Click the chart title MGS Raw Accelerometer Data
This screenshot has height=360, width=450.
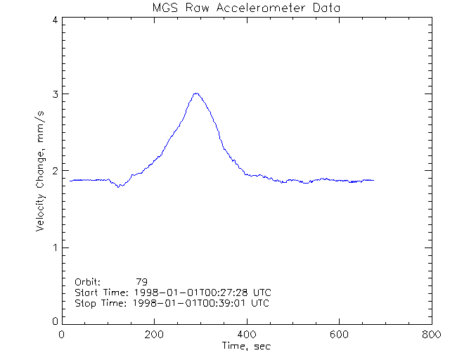(245, 8)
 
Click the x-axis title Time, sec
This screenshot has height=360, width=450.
(245, 346)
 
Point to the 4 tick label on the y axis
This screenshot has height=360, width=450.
(54, 20)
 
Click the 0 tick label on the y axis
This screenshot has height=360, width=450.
(54, 321)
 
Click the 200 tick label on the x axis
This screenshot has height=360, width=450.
(154, 335)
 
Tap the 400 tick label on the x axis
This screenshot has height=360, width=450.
(246, 335)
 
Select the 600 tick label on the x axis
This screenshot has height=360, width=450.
(339, 335)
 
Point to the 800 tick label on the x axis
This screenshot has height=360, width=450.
(431, 335)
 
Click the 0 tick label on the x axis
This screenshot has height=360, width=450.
(63, 335)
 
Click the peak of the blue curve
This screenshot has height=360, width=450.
(197, 93)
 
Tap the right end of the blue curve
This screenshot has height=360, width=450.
(374, 181)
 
